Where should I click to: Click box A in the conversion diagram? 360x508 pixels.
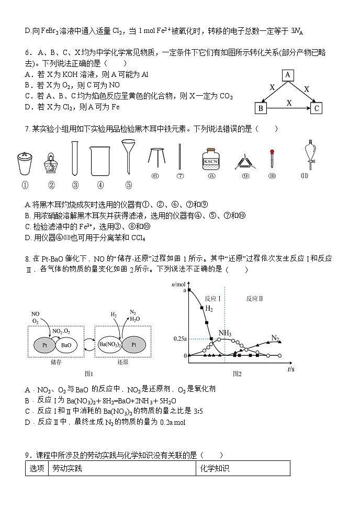(288, 75)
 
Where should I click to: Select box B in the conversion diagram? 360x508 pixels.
(260, 108)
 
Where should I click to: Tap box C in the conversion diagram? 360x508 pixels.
(316, 108)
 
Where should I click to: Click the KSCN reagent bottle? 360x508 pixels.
(210, 160)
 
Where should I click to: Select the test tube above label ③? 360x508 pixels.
(75, 159)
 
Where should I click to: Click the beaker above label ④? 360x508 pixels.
(100, 161)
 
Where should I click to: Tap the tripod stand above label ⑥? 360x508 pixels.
(155, 157)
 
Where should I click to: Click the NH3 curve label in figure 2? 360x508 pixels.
(226, 333)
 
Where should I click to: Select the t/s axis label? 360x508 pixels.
(291, 369)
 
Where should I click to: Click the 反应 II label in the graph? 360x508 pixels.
(254, 298)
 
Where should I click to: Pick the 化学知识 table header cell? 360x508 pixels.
(215, 469)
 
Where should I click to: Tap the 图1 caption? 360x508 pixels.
(89, 374)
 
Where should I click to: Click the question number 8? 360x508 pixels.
(27, 258)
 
